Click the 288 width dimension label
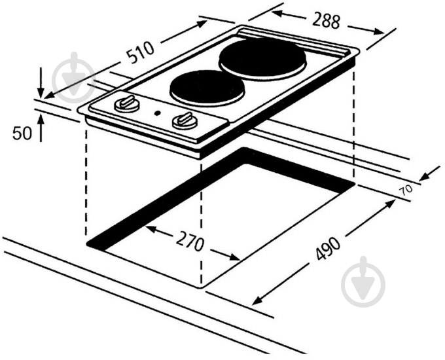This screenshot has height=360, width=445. tap(326, 20)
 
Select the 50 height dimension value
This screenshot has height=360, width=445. tap(22, 133)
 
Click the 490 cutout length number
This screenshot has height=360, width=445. tap(328, 249)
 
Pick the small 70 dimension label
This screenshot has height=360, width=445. tap(406, 190)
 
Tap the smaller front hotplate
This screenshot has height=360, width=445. tap(207, 88)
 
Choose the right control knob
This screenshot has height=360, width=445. tap(185, 120)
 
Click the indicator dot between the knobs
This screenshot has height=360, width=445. tap(158, 113)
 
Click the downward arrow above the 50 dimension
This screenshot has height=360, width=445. tap(41, 82)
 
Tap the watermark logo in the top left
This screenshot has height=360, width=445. tap(73, 77)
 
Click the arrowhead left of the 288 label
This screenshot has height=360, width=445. tap(277, 14)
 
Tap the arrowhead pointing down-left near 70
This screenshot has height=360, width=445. tap(424, 177)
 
